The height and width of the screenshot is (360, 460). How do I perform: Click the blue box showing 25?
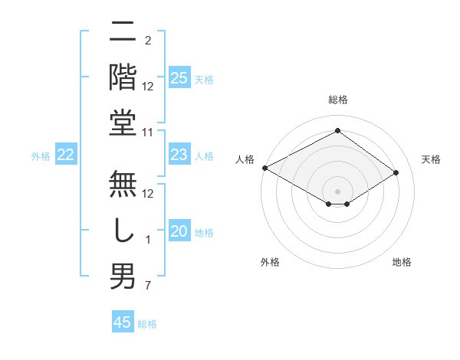(179, 77)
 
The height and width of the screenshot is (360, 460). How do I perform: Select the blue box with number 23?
(179, 155)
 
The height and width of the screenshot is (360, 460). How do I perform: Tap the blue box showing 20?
(179, 231)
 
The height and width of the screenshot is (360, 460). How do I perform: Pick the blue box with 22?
(66, 155)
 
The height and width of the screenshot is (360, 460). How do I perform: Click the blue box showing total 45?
(122, 322)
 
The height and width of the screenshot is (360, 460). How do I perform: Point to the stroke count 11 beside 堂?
(148, 133)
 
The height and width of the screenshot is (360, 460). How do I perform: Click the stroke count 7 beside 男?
(148, 286)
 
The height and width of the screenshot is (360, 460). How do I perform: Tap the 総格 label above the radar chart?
(337, 100)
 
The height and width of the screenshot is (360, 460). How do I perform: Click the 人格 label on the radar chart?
(245, 159)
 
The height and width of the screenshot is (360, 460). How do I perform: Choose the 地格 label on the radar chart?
(402, 263)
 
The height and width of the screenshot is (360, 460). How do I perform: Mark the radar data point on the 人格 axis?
(264, 168)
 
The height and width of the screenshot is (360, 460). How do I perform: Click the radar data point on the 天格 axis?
(396, 172)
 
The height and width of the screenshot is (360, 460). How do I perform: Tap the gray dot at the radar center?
(337, 191)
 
